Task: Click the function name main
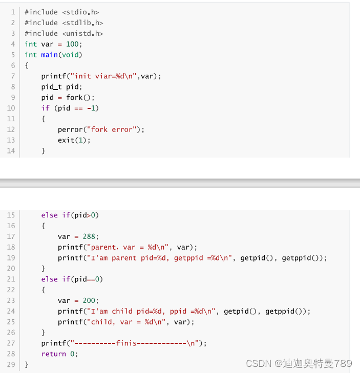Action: [x=50, y=55]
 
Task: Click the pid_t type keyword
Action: [x=52, y=87]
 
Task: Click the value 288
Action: [x=91, y=236]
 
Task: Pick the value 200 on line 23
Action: [x=91, y=301]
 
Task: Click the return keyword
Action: [x=54, y=354]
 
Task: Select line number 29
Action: [x=11, y=365]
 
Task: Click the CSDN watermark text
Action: [x=259, y=364]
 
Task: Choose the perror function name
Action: [x=70, y=130]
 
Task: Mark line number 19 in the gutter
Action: [x=11, y=258]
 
